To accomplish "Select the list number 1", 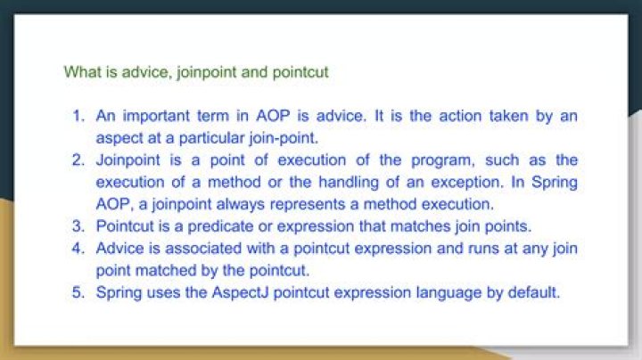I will coord(78,117).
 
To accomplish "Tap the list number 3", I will coord(78,225).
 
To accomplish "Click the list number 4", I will coord(78,248).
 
